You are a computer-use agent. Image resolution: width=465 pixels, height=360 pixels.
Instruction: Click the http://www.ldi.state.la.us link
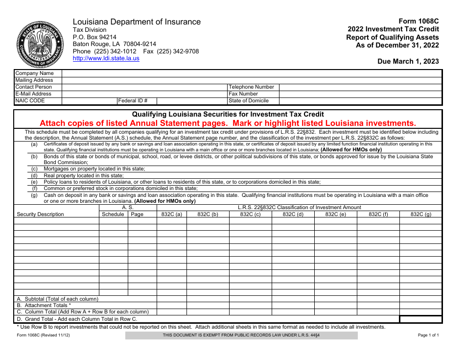[x=106, y=58]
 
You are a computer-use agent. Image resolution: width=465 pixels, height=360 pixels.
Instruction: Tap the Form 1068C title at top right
[x=418, y=21]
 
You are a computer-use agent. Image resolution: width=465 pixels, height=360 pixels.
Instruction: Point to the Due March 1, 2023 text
[x=408, y=61]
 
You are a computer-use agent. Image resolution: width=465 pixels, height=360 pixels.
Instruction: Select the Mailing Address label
[x=34, y=80]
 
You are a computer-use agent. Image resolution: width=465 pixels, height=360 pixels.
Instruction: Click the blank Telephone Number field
[x=360, y=87]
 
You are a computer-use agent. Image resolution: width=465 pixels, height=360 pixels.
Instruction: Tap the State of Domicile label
[x=249, y=101]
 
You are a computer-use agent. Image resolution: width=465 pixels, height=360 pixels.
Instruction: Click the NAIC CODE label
[x=30, y=101]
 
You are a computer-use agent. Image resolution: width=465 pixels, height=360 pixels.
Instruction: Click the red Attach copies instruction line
[x=228, y=123]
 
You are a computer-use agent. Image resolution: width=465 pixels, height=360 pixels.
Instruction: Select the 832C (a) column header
[x=171, y=215]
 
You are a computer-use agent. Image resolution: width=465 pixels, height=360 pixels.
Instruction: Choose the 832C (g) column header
[x=420, y=215]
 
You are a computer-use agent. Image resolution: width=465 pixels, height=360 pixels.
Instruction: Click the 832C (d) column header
[x=293, y=215]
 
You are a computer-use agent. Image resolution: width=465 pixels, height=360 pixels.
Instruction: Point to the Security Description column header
[x=40, y=215]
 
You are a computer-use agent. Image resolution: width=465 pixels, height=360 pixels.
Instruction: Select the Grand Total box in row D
[x=420, y=319]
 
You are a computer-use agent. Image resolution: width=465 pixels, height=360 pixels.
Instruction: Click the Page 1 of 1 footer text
[x=428, y=336]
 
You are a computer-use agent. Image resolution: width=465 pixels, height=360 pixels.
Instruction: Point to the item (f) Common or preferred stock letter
[x=34, y=189]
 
